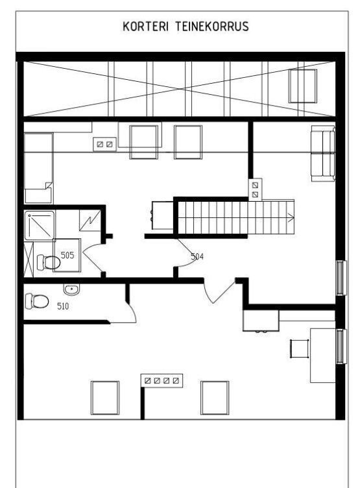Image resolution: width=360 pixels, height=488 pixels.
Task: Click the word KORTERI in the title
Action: pos(145,27)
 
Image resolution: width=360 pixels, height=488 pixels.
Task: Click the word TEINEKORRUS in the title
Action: pos(212,27)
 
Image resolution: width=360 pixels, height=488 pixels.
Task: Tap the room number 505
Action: pos(67,256)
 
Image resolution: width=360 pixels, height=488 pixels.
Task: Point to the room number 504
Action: pos(197,256)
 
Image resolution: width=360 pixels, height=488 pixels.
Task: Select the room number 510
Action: pos(63,306)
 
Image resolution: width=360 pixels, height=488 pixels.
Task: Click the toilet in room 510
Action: pos(37,301)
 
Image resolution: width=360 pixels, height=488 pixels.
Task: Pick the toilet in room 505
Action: pos(49,262)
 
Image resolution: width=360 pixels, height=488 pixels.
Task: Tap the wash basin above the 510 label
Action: pos(71,289)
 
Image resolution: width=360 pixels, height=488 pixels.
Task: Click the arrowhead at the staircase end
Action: pos(291,218)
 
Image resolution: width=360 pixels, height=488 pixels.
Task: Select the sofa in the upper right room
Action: pos(323,153)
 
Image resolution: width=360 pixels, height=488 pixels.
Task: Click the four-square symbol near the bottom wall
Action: pos(162,380)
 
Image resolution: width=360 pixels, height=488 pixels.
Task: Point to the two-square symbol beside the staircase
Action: pos(255,189)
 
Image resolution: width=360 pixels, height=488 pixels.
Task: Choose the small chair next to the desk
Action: pos(300,349)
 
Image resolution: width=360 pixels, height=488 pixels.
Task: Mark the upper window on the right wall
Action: pos(341,278)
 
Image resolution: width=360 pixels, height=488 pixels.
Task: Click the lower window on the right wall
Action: pos(341,347)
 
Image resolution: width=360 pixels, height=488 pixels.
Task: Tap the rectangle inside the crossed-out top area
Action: pos(303,86)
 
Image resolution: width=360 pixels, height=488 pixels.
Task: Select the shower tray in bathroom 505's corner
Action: pos(40,225)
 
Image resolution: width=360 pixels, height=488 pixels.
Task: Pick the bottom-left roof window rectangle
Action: pos(105,398)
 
